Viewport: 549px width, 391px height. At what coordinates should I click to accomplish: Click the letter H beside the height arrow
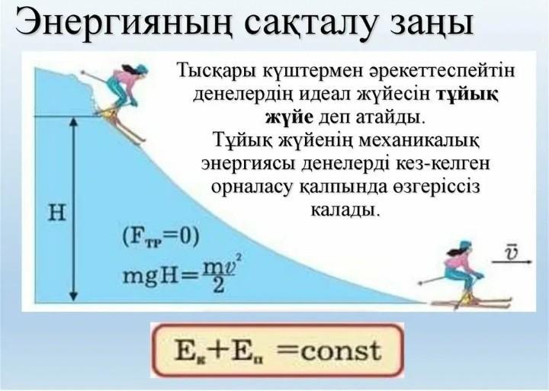(56, 212)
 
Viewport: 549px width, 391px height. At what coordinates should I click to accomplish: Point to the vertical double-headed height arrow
(73, 209)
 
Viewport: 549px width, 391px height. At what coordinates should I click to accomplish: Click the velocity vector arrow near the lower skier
(512, 261)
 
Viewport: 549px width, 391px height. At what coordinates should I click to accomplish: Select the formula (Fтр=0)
(161, 237)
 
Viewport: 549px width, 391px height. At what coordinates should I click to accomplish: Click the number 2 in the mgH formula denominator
(219, 285)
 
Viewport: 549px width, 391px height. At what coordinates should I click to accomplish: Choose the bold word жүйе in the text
(289, 117)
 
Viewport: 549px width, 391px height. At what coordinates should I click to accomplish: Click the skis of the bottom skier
(470, 303)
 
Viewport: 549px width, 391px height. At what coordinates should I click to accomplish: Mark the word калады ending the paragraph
(345, 210)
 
